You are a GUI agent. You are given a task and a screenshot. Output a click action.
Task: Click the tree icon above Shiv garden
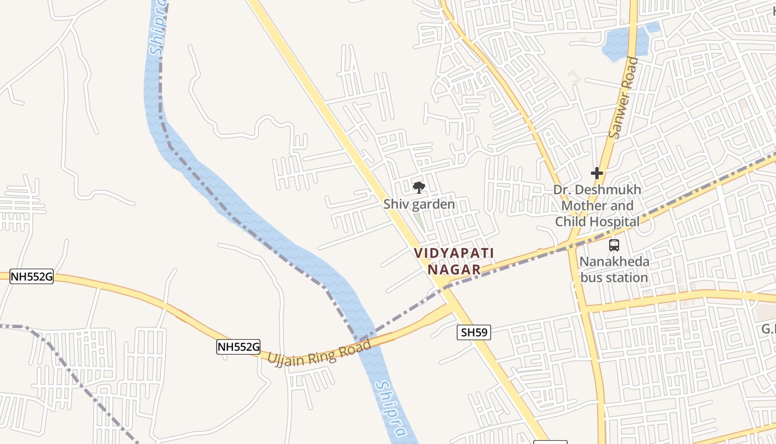419,187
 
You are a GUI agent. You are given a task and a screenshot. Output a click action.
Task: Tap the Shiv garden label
419,204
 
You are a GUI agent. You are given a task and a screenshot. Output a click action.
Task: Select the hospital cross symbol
596,173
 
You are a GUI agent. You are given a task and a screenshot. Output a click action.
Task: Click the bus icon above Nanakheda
614,245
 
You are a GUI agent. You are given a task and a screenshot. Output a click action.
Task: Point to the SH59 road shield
474,332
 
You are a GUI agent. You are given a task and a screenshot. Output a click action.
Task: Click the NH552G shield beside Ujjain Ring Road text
238,347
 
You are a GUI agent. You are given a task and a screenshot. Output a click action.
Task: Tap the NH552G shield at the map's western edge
32,276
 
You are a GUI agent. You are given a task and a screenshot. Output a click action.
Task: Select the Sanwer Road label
624,98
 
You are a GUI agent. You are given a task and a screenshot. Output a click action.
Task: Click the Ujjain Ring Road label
320,352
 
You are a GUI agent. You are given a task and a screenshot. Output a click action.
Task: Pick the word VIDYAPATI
454,253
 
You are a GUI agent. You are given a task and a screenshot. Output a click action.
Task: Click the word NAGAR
454,270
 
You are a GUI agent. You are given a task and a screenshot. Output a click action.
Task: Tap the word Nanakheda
614,261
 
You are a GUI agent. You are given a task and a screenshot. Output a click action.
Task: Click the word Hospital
613,222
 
